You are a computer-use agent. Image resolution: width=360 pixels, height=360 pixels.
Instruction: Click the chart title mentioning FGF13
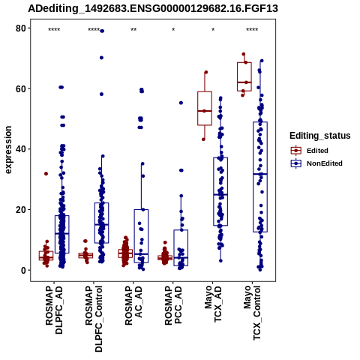(153, 9)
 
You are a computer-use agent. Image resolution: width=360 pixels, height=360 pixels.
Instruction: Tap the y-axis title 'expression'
(8, 150)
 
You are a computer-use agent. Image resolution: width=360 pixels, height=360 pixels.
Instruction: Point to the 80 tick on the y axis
(21, 28)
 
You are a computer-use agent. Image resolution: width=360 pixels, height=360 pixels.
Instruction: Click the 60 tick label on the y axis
(21, 88)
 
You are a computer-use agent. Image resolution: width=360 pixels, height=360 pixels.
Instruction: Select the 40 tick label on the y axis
(21, 149)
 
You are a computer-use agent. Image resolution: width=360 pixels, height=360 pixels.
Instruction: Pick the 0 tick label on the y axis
(24, 270)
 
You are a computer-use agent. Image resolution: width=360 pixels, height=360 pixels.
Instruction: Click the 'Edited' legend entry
(317, 151)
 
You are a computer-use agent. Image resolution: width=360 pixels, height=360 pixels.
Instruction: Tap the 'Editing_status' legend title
(320, 136)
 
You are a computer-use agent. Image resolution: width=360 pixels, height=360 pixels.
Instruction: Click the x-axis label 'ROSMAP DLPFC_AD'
(54, 310)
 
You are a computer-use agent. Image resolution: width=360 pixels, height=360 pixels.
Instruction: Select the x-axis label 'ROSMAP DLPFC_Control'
(94, 319)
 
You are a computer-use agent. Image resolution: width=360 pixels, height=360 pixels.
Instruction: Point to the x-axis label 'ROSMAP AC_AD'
(133, 305)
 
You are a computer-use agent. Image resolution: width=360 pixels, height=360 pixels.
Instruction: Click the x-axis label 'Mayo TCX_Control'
(252, 313)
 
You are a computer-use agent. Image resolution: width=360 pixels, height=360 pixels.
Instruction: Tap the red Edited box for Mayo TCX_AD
(205, 108)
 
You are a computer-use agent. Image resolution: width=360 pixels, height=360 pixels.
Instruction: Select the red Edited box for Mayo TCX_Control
(244, 76)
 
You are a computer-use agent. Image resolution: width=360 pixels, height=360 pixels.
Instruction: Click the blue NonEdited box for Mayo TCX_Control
(260, 177)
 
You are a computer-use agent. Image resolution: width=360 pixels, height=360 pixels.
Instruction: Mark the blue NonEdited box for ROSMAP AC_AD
(141, 236)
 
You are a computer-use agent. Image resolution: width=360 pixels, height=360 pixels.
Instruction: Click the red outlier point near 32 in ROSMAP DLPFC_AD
(46, 174)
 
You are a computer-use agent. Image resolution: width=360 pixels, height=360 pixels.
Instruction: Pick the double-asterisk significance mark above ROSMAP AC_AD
(133, 30)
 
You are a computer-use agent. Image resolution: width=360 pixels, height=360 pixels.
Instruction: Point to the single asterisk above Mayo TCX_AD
(213, 30)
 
